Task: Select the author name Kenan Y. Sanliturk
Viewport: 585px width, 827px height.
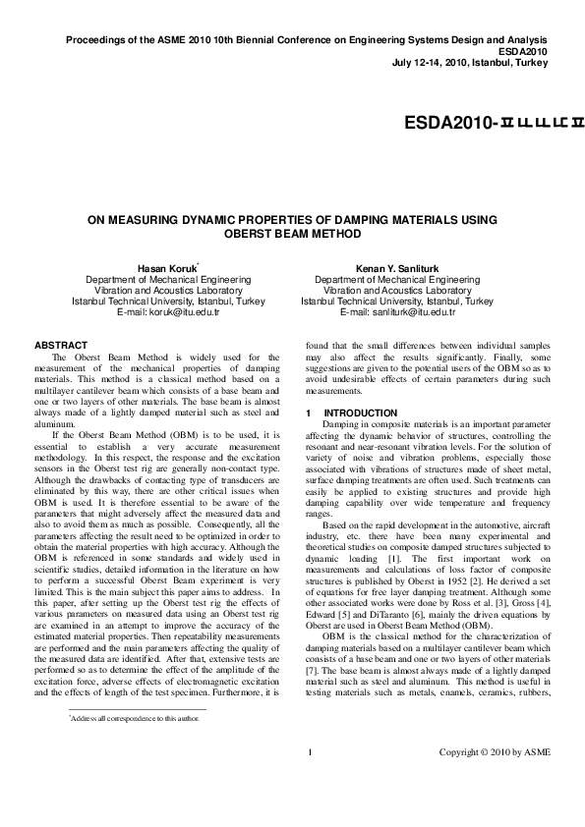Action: point(397,268)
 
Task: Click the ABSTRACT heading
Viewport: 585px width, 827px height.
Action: point(61,345)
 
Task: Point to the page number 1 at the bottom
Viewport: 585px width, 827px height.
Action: point(310,781)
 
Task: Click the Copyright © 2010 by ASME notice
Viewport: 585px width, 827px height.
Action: point(495,781)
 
